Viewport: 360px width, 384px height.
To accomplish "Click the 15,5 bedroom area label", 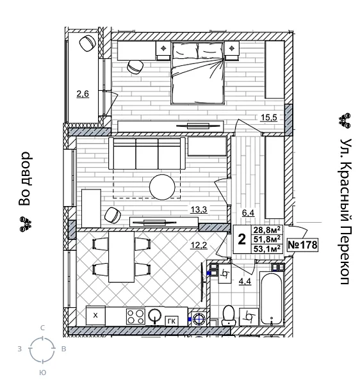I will tap(268, 116).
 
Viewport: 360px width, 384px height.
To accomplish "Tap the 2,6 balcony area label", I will tap(83, 95).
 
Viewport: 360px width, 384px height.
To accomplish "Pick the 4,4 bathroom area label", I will tap(245, 280).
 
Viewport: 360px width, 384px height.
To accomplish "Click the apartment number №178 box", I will tap(303, 244).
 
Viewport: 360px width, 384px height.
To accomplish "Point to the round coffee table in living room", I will tap(162, 188).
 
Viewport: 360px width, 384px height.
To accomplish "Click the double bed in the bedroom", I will tap(197, 75).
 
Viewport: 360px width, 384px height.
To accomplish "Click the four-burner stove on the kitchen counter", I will tap(135, 316).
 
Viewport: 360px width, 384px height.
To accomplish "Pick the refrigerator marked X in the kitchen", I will tap(95, 316).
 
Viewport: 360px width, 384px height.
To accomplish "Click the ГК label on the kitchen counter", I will tap(171, 320).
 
